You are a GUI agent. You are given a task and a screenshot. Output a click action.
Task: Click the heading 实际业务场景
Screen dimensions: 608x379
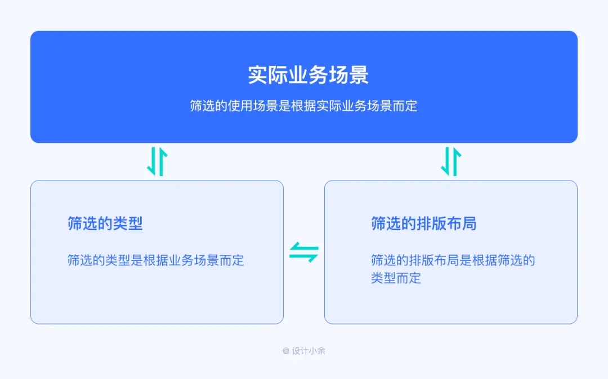pyautogui.click(x=308, y=75)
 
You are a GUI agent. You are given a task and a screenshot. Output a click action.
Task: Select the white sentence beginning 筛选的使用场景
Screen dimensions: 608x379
pyautogui.click(x=303, y=106)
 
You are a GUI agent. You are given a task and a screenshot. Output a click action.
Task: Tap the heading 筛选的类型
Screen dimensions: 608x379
pyautogui.click(x=105, y=224)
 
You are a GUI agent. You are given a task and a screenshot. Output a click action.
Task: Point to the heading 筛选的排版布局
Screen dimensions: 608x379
pyautogui.click(x=423, y=224)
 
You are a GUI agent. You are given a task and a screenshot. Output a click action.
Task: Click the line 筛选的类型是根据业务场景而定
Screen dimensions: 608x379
pyautogui.click(x=156, y=260)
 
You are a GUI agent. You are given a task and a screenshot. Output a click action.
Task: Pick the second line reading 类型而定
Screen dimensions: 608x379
pyautogui.click(x=396, y=278)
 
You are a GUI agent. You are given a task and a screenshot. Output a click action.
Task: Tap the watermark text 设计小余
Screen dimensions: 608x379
pyautogui.click(x=309, y=351)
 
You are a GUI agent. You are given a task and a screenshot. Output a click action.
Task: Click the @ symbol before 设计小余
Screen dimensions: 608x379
pyautogui.click(x=286, y=351)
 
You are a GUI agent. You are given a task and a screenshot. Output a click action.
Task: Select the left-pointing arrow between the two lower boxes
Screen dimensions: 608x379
pyautogui.click(x=303, y=247)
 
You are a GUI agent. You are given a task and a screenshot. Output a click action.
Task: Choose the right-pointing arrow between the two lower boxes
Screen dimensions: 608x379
pyautogui.click(x=305, y=257)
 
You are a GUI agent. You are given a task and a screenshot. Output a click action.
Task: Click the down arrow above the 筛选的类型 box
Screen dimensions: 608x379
pyautogui.click(x=151, y=162)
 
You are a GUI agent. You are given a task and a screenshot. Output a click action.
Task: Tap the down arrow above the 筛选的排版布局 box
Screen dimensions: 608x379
pyautogui.click(x=446, y=162)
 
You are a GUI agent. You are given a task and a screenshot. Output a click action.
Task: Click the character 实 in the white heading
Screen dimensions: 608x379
pyautogui.click(x=258, y=75)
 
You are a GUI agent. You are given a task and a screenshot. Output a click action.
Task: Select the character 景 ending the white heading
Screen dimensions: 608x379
pyautogui.click(x=359, y=75)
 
